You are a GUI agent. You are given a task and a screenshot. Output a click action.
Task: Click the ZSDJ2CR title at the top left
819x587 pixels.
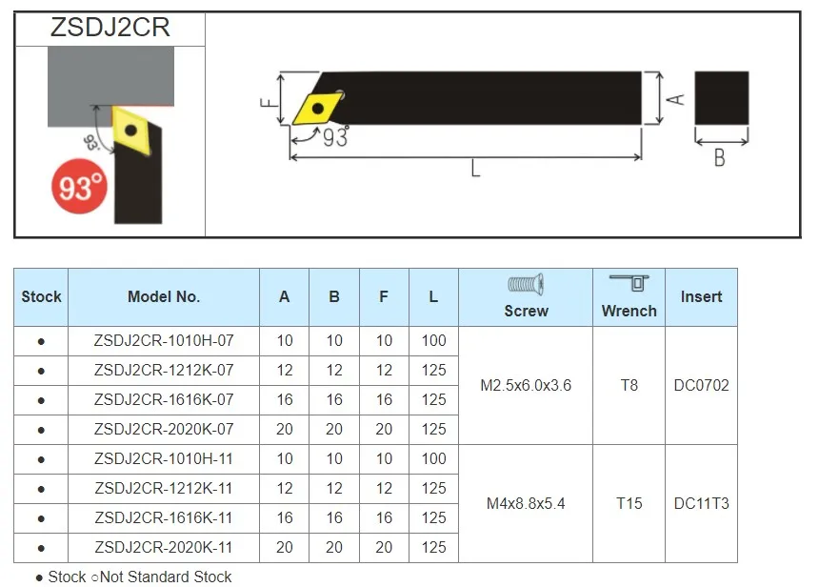[110, 28]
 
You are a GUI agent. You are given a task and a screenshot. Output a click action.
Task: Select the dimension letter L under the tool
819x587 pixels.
[474, 170]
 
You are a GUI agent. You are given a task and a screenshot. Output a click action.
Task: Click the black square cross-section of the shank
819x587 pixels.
[721, 98]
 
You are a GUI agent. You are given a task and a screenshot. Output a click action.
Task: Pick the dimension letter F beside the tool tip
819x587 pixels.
[270, 97]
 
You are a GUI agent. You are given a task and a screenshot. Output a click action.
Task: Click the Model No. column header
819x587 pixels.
[164, 296]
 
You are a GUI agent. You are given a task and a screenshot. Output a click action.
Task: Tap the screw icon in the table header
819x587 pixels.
[526, 284]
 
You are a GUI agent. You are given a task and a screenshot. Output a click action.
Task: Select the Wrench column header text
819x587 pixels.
[629, 311]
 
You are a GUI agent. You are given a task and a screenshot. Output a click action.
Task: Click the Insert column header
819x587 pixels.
[701, 296]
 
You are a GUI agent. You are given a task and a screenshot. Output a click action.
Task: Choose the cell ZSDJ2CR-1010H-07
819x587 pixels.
[164, 341]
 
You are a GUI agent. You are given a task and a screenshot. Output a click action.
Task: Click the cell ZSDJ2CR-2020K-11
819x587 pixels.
[164, 547]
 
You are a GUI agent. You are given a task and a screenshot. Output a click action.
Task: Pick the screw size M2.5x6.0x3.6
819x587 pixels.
[526, 386]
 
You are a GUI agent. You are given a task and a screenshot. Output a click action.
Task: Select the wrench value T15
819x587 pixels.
[629, 503]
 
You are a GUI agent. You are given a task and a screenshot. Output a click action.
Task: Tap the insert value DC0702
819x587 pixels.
[701, 386]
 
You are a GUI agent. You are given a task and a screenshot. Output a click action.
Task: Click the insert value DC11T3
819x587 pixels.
[701, 503]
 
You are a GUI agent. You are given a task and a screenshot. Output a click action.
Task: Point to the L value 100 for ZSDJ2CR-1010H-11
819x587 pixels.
[433, 458]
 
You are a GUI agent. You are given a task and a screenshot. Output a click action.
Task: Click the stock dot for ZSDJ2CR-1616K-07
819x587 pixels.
[41, 400]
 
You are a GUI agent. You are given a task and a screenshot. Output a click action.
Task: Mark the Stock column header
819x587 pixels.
[41, 296]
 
